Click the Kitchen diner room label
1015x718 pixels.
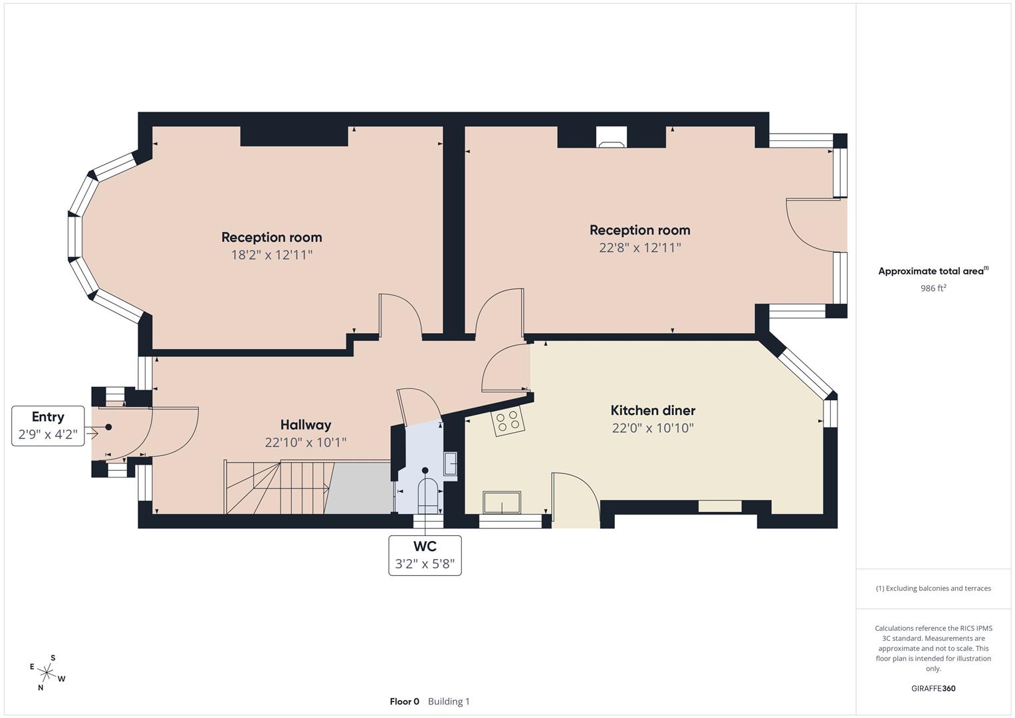(x=653, y=410)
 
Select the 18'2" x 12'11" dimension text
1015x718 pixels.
(x=271, y=255)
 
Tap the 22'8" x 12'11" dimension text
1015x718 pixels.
(x=639, y=247)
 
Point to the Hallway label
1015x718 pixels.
(x=305, y=425)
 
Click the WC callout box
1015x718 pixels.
(x=425, y=555)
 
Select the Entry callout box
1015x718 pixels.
(x=48, y=426)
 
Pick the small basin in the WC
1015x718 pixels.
(x=451, y=463)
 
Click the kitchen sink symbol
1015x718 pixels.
(x=502, y=503)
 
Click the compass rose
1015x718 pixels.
(x=47, y=673)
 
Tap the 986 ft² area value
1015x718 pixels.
(x=933, y=289)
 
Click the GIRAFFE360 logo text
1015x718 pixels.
(x=933, y=688)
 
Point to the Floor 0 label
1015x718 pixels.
(x=404, y=701)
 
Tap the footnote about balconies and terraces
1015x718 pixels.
(x=933, y=588)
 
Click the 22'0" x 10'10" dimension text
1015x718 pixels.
(x=653, y=428)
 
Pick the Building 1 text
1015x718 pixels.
(x=449, y=701)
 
